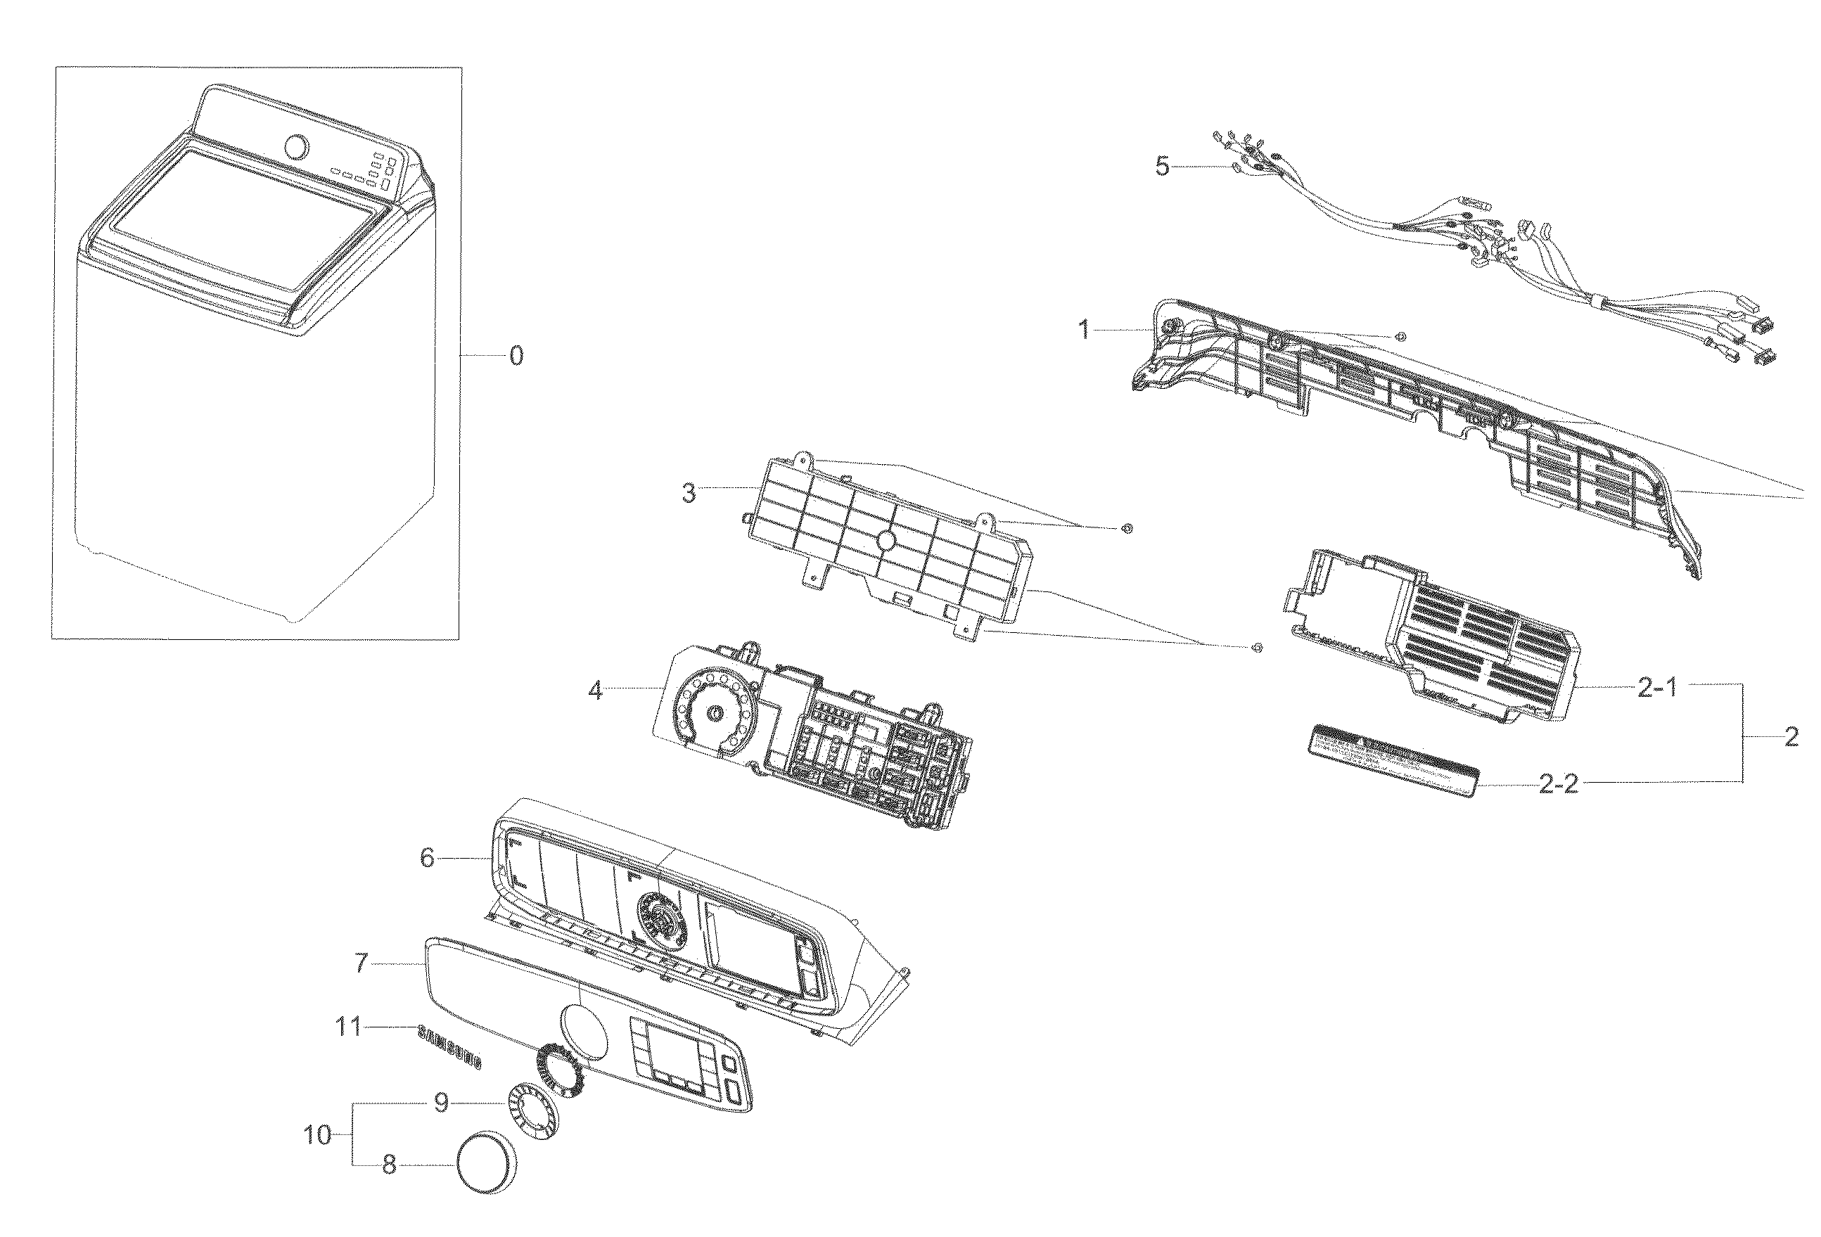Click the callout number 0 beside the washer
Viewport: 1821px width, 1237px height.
pos(516,357)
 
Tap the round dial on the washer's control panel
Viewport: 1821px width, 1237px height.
pos(297,147)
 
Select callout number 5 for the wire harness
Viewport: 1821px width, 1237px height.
pos(1162,166)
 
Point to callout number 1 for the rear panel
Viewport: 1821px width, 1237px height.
pos(1085,330)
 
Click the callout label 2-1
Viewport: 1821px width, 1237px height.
pos(1656,688)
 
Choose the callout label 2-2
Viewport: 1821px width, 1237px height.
pos(1559,784)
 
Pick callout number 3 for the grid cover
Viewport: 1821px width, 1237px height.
pos(688,494)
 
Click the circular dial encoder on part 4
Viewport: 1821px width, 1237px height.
pos(715,712)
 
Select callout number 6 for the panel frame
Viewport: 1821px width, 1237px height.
pos(427,858)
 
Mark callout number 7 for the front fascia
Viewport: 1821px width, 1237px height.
pos(360,963)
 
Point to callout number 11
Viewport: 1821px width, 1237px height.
pos(348,1026)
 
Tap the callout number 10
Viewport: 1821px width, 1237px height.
pos(318,1134)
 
